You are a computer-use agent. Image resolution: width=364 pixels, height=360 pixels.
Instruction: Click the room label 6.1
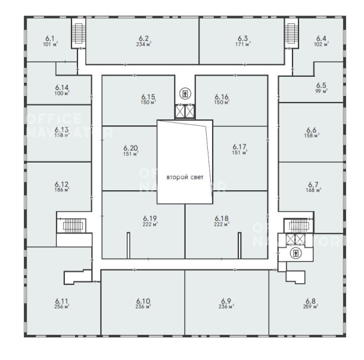click(50, 38)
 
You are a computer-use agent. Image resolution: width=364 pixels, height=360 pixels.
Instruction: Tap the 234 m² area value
click(144, 44)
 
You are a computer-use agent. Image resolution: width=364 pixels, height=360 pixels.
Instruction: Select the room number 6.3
click(243, 38)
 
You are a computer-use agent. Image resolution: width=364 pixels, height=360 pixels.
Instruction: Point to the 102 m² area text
click(321, 44)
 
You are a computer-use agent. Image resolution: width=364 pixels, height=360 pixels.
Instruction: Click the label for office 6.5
click(321, 85)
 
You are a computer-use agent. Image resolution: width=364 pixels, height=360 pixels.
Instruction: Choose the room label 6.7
click(313, 185)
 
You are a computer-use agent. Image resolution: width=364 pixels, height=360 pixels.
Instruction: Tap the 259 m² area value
click(311, 307)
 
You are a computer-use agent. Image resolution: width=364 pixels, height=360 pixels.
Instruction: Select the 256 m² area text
click(62, 307)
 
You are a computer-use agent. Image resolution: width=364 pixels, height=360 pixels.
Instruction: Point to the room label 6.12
click(62, 185)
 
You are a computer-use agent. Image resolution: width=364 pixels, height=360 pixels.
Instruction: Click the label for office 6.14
click(62, 88)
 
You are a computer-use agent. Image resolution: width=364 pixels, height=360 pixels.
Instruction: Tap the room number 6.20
click(131, 148)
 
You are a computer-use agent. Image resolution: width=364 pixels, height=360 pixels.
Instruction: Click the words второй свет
click(185, 178)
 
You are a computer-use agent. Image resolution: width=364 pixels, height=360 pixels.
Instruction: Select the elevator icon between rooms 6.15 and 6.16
click(185, 94)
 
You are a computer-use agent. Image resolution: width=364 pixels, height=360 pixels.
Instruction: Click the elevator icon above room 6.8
click(296, 253)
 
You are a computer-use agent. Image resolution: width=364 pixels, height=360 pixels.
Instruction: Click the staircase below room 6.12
click(71, 224)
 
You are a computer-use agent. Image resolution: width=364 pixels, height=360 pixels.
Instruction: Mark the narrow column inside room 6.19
click(129, 245)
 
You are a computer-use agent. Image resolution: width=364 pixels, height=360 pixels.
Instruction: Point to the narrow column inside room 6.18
click(240, 245)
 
